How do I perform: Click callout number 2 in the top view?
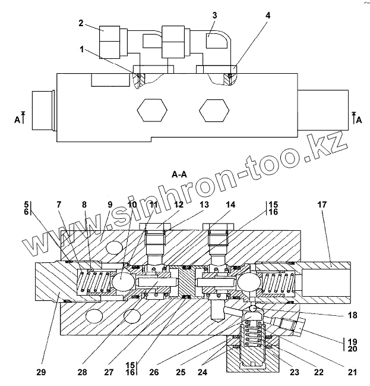81,24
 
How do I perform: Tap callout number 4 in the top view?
268,15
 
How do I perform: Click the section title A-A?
180,175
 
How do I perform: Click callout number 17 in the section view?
322,205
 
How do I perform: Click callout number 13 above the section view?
205,205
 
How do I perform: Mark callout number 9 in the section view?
109,205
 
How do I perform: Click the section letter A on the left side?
17,120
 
